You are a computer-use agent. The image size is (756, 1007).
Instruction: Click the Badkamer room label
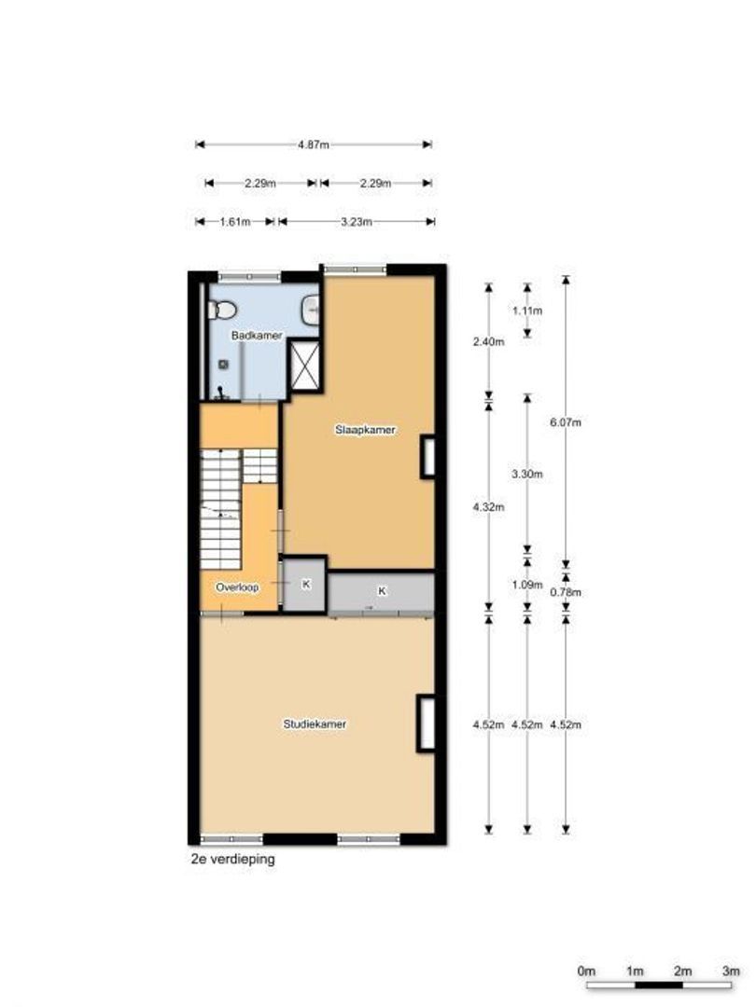click(256, 336)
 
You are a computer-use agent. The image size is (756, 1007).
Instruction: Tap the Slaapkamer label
click(366, 430)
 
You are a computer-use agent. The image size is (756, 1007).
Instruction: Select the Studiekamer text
click(315, 724)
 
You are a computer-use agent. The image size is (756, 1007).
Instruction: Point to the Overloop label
click(236, 587)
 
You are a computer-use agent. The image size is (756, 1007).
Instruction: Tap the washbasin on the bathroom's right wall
click(313, 309)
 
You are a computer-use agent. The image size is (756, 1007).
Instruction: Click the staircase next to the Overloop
click(224, 508)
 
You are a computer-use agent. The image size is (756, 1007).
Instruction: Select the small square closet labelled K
click(304, 585)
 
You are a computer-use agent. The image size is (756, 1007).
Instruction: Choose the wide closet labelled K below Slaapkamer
click(382, 591)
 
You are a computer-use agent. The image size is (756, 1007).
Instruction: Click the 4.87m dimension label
click(313, 145)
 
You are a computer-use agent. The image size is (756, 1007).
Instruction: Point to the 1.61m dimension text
click(235, 222)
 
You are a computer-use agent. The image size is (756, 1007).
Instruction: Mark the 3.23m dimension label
click(356, 222)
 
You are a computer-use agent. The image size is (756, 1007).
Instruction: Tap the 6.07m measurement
click(566, 421)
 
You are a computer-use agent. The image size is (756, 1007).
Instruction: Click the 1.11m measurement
click(527, 310)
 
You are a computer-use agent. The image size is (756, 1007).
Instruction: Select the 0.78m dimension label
click(566, 591)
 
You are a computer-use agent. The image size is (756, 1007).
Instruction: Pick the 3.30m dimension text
click(527, 474)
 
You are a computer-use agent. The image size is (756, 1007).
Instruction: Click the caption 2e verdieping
click(232, 861)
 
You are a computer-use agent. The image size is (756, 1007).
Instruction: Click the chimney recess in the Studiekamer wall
click(427, 723)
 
